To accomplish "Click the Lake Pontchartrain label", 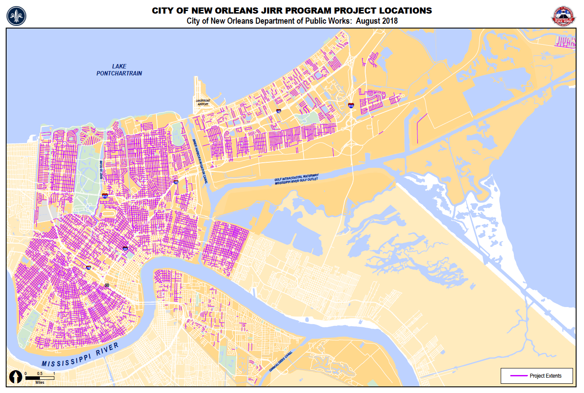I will tap(119, 70).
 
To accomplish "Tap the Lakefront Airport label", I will tap(203, 102).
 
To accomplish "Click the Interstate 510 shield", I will tap(351, 106).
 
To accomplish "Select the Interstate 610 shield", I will tap(105, 196).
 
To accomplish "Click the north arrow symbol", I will tap(17, 377).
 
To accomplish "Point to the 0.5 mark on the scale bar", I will tap(39, 373).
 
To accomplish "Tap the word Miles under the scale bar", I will tap(40, 382).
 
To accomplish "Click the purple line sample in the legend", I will tap(519, 376).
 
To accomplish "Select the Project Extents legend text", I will tap(545, 376).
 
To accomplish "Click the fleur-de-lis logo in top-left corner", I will tap(16, 16).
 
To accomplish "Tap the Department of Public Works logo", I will tap(563, 16).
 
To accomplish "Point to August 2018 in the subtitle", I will tap(377, 21).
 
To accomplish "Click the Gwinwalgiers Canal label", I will tap(281, 360).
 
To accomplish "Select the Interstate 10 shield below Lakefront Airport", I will tap(278, 111).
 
